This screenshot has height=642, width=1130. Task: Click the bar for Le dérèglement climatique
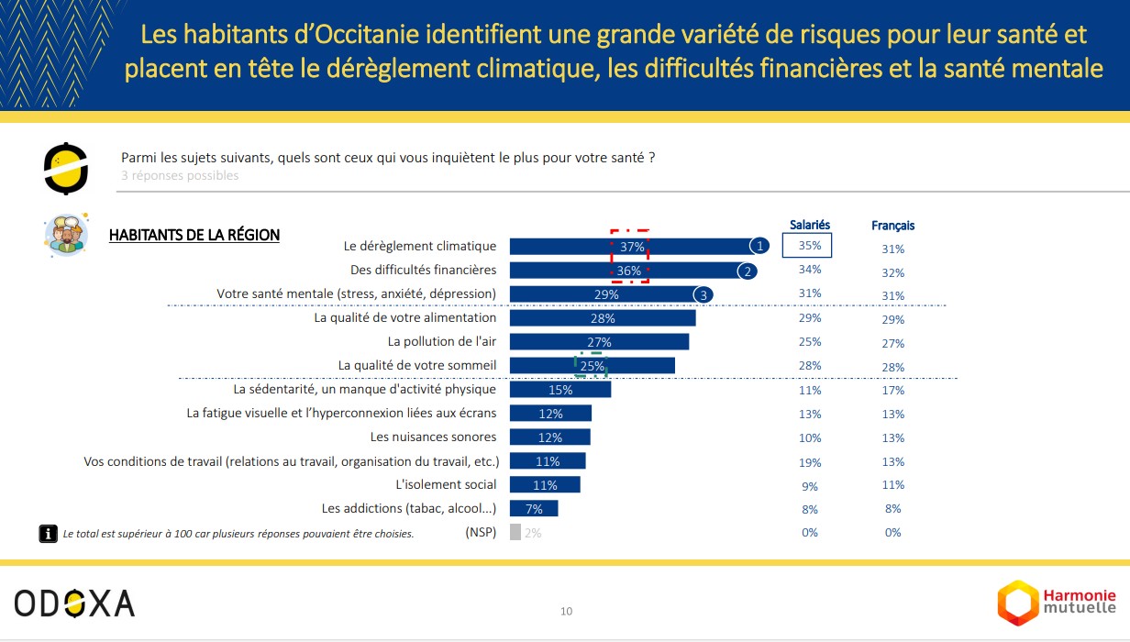[633, 246]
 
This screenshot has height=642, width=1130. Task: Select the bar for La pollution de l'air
[599, 342]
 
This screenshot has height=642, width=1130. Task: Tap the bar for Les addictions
[533, 508]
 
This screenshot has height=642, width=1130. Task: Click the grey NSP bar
[515, 532]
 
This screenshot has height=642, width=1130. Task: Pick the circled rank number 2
[748, 271]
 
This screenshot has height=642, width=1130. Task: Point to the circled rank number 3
[703, 294]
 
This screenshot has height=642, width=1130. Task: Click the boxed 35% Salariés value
[807, 246]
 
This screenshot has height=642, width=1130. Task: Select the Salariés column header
[810, 225]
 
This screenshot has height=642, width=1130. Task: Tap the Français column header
[892, 226]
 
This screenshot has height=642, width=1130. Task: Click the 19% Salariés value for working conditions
[810, 461]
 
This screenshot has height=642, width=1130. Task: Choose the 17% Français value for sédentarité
[893, 390]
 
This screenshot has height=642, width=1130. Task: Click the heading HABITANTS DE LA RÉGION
[194, 235]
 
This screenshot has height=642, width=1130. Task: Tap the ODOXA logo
[74, 603]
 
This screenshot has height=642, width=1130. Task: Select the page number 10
[566, 611]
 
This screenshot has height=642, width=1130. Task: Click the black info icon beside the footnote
[47, 533]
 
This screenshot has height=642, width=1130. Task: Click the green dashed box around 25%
[592, 366]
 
